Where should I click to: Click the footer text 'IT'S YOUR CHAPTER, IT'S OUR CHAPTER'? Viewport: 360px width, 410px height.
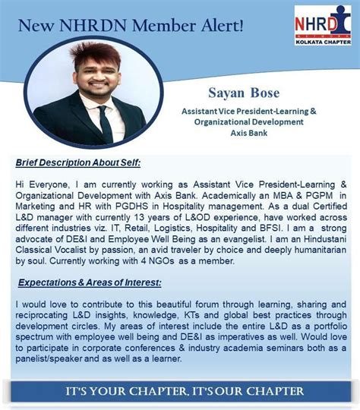click(x=180, y=392)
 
